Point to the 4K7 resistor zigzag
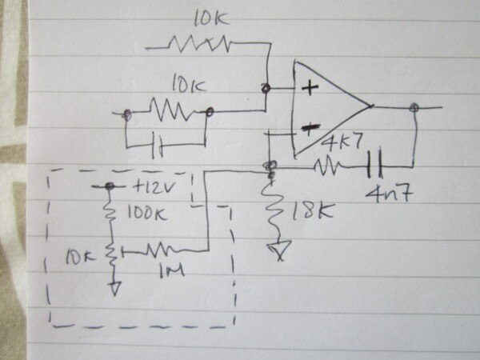pyautogui.click(x=327, y=166)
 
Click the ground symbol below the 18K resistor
pyautogui.click(x=278, y=252)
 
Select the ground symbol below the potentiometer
pyautogui.click(x=114, y=286)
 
